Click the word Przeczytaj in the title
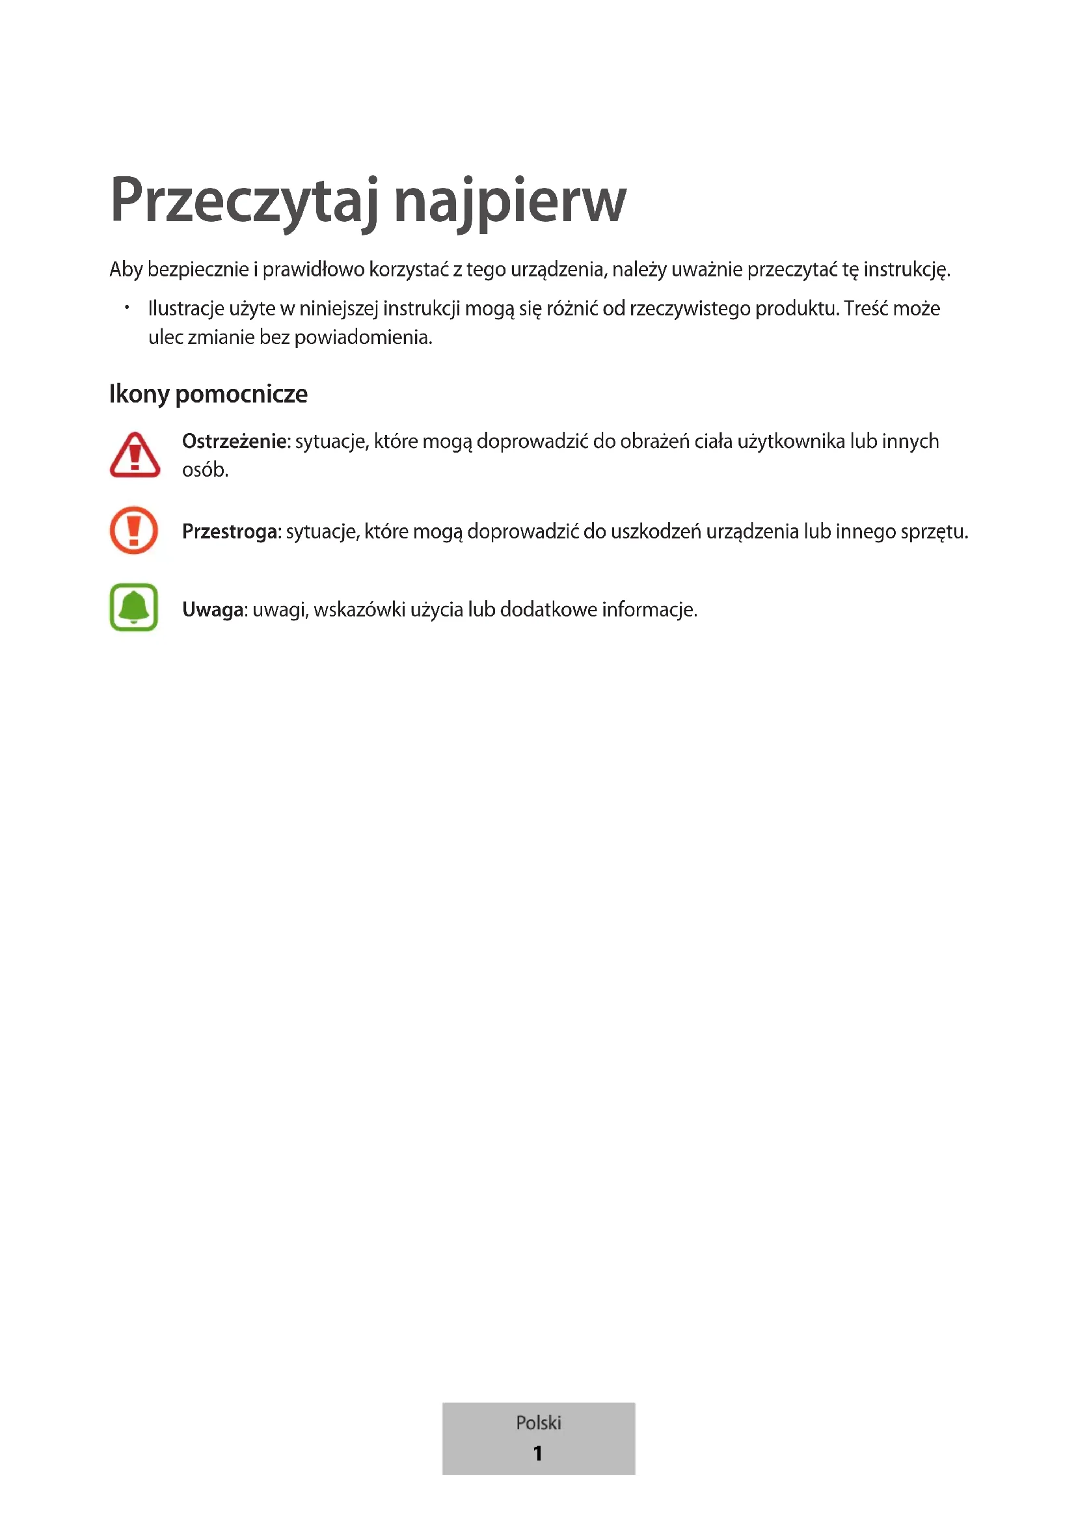click(x=245, y=202)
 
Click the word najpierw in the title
click(x=509, y=202)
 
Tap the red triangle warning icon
click(x=135, y=455)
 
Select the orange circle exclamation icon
click(x=134, y=530)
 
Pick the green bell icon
click(x=134, y=607)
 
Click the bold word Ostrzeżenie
click(x=235, y=441)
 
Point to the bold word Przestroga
click(x=230, y=531)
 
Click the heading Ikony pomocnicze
click(x=208, y=393)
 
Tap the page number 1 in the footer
click(x=538, y=1453)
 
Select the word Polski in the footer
click(x=538, y=1423)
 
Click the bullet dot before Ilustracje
click(x=127, y=308)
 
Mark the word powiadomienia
click(x=362, y=337)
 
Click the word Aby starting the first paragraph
click(x=126, y=270)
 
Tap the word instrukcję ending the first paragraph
click(x=906, y=270)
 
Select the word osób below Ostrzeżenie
click(x=205, y=470)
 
